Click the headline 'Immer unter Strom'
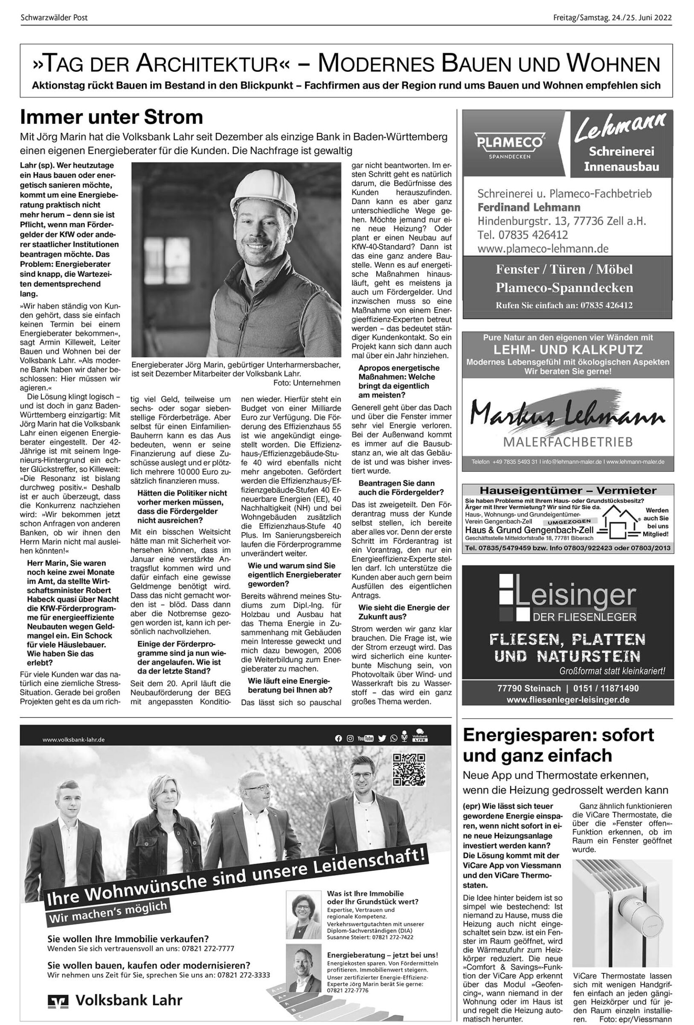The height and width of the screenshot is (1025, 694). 111,117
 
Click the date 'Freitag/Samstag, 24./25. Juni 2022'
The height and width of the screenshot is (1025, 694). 613,18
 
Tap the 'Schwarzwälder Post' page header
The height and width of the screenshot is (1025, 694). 54,18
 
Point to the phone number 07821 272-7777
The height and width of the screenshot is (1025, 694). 210,949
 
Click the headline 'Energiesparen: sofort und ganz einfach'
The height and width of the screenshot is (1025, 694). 558,745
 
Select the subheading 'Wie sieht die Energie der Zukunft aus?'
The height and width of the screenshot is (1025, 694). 404,612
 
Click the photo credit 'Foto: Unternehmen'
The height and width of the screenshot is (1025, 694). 307,383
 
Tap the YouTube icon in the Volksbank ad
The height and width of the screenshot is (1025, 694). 365,738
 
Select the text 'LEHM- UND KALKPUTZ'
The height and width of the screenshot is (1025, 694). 568,350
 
